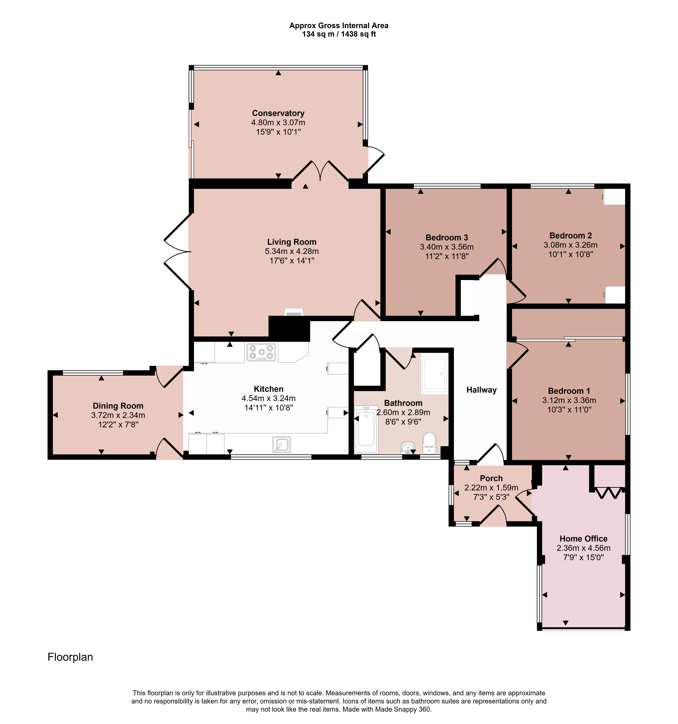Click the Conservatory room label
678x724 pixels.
pos(278,113)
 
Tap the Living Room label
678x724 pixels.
pos(292,242)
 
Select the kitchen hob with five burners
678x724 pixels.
pos(261,352)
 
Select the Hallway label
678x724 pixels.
pos(481,390)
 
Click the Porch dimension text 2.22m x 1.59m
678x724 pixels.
pos(491,488)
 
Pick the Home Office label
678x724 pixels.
pos(583,539)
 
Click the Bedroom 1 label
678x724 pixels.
pos(569,391)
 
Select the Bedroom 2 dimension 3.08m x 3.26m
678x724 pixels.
pos(571,245)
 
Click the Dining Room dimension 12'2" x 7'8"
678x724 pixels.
pos(118,425)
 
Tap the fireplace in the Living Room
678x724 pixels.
pos(293,312)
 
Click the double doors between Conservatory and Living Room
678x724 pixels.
pos(320,171)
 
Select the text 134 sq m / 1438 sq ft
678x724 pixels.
pos(339,35)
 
